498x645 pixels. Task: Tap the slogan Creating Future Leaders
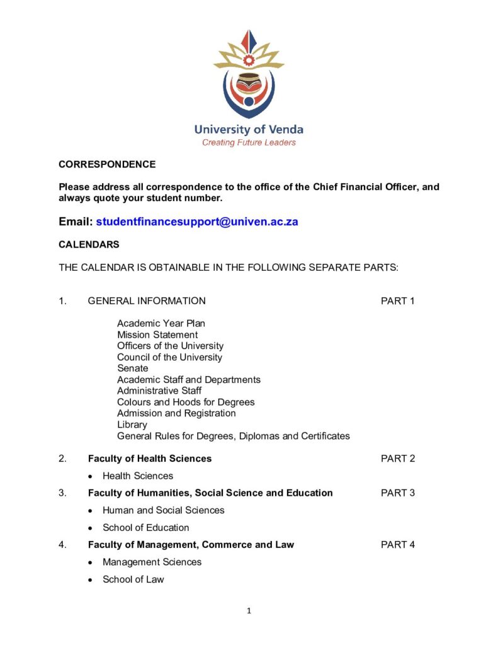pos(249,142)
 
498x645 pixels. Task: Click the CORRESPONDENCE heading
pos(107,164)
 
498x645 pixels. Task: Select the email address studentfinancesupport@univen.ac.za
pos(197,222)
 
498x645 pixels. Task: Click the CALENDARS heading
pos(89,244)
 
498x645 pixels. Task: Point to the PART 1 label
pos(397,301)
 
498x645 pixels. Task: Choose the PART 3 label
pos(397,493)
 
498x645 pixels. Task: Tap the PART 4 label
pos(397,545)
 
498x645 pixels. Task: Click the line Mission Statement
pos(157,335)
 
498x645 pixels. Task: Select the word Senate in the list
pos(133,368)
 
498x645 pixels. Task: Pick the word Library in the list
pos(132,425)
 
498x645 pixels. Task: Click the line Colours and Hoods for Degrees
pos(186,402)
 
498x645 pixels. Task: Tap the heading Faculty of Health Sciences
pos(150,459)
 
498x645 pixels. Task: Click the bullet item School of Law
pos(133,579)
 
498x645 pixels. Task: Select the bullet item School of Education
pos(145,528)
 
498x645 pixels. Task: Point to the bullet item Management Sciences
pos(152,562)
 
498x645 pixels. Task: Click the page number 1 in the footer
pos(249,610)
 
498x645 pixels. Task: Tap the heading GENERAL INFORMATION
pos(147,301)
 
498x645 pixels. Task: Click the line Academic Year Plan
pos(161,324)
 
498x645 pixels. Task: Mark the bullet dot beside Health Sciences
pos(91,476)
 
